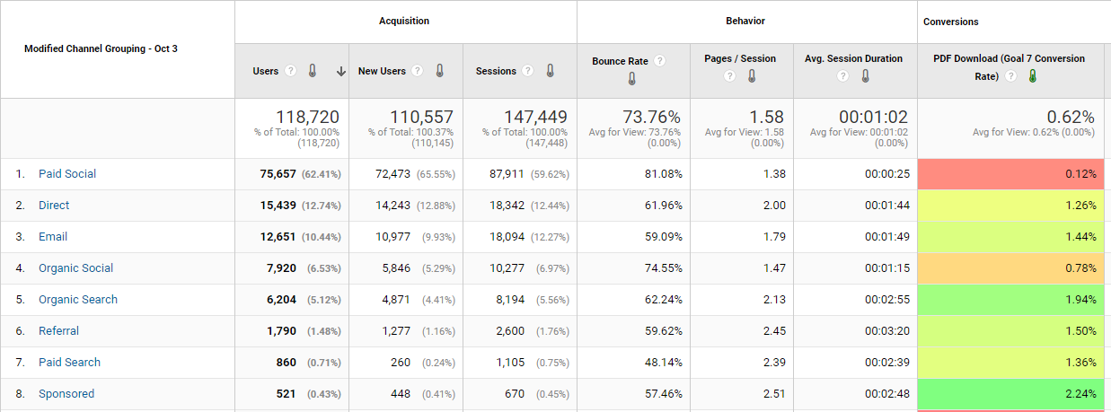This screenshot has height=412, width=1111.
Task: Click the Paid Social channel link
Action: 67,174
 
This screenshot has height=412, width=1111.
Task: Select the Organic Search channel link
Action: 78,300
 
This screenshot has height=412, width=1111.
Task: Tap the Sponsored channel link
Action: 66,394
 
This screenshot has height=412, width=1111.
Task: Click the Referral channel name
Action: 58,331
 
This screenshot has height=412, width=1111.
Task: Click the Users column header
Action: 266,71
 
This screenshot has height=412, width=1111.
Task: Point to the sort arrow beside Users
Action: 341,72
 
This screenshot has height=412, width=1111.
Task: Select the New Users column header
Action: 383,71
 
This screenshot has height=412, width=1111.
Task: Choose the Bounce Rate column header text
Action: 620,61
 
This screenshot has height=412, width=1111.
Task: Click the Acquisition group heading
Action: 404,21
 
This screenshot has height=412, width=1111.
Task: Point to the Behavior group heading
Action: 745,21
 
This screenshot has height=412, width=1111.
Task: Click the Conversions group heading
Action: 951,22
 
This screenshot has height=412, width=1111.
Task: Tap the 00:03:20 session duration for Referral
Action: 886,331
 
